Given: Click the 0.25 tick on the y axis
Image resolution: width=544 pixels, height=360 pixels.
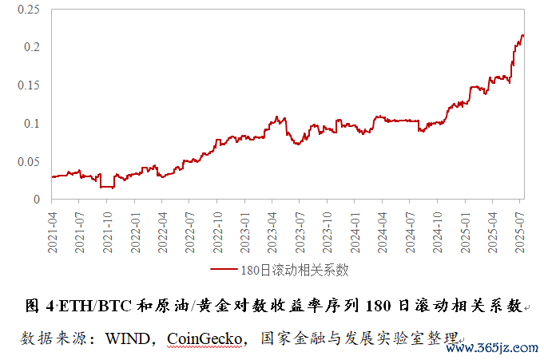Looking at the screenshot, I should pos(28,10).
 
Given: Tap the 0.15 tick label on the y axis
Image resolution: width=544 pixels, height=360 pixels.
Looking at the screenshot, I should pos(28,85).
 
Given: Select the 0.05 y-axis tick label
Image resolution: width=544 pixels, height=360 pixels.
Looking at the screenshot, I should pos(28,161).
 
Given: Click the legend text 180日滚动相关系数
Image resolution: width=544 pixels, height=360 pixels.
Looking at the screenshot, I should pos(294,269).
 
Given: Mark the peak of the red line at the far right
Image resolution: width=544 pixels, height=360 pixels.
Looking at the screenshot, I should pos(522,35).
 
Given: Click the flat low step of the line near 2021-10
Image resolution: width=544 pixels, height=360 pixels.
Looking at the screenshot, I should pos(106,187).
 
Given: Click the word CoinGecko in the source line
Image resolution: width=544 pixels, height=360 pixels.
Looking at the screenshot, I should pos(204,338).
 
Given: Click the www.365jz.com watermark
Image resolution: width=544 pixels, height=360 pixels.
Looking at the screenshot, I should pos(500,347).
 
